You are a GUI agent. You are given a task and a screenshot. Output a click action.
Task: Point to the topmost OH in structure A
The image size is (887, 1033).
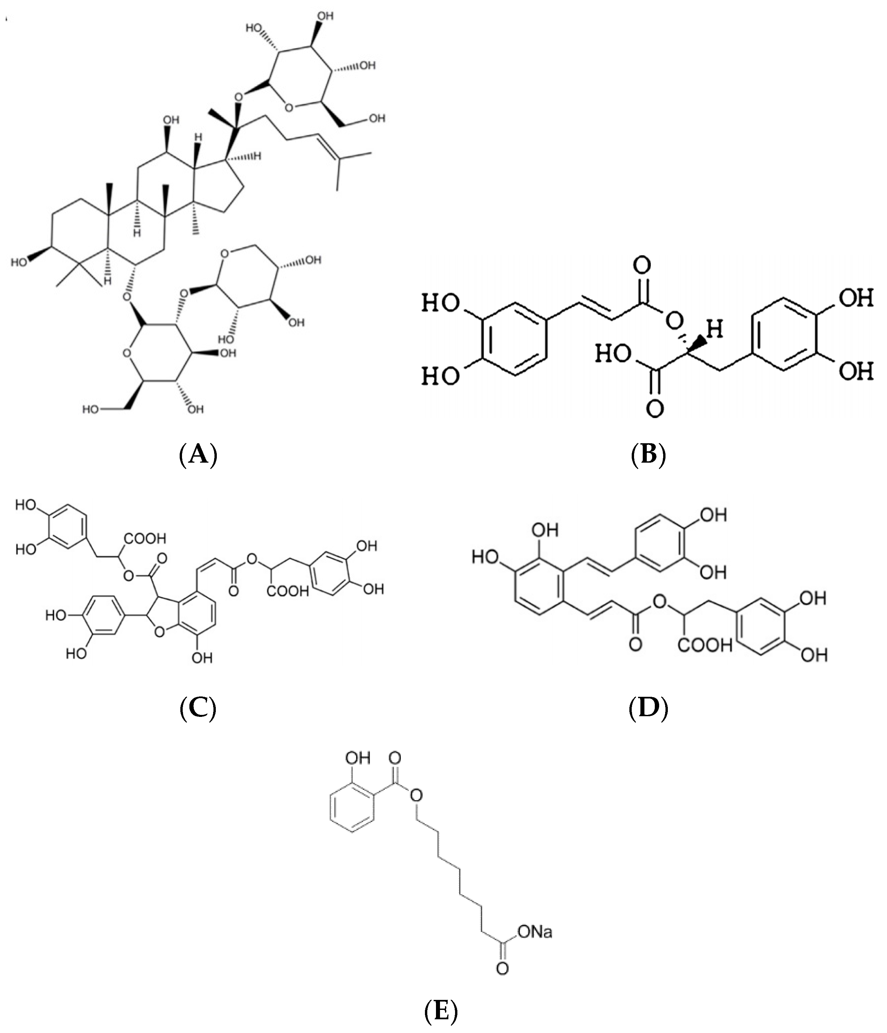325,16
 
